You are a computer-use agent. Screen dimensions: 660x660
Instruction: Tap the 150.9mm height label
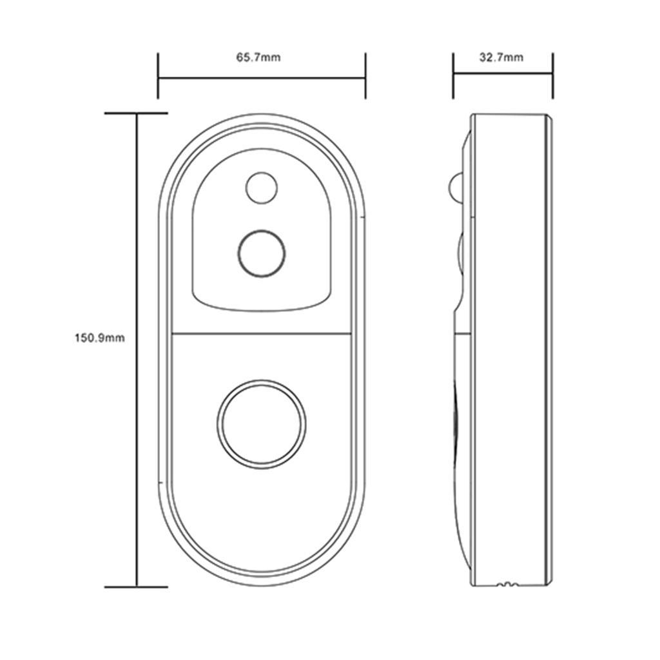coord(99,338)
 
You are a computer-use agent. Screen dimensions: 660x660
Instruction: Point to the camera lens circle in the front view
coord(261,253)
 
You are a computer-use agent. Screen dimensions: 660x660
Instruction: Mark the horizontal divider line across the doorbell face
coord(261,333)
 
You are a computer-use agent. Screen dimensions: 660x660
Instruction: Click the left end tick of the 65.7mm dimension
coord(158,76)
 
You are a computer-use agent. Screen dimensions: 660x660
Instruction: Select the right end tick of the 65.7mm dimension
coord(365,76)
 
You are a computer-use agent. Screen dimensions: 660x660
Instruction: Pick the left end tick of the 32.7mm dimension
coord(453,76)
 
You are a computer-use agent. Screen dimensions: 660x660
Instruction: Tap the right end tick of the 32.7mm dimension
coord(552,76)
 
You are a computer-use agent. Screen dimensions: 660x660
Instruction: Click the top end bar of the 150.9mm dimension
coord(136,113)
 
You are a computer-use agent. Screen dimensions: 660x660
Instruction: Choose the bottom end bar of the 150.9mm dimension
coord(136,587)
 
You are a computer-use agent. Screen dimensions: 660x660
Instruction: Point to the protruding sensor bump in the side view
coord(456,188)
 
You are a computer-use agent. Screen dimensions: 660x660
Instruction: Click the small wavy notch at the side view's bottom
coord(507,585)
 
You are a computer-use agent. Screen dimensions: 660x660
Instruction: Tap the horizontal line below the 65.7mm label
coord(261,79)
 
